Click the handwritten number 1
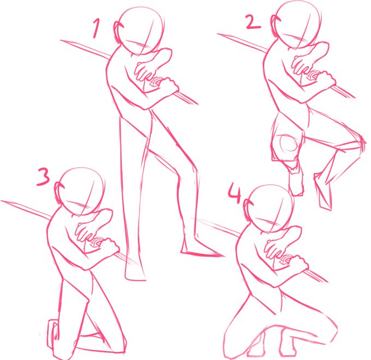coord(96,28)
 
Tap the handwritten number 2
coord(253,22)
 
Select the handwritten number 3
coord(43,176)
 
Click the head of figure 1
coord(141,31)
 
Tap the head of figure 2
coord(298,23)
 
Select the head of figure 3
coord(81,191)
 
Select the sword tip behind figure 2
coord(218,34)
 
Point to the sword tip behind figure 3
coord(2,201)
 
